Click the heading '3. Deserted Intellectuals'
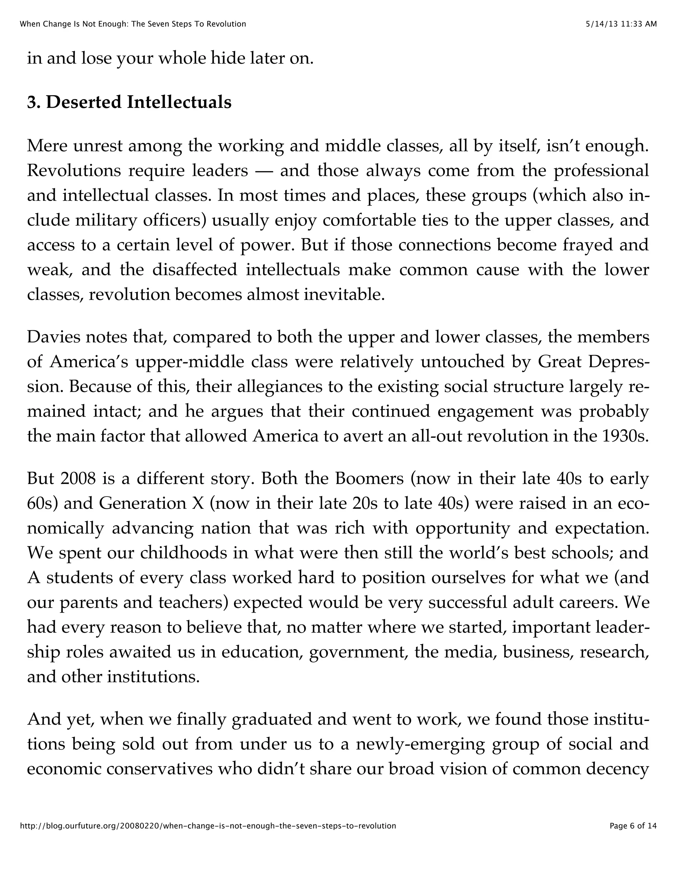(x=129, y=102)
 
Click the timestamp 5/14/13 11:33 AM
(x=621, y=24)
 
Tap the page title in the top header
(x=133, y=24)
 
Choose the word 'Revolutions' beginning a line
(x=74, y=171)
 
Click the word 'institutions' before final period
(x=152, y=677)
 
